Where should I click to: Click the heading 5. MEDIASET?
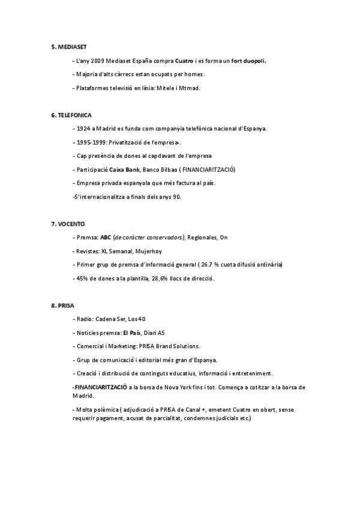(x=68, y=46)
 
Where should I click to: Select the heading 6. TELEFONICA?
(x=71, y=114)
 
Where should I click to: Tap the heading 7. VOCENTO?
(x=69, y=223)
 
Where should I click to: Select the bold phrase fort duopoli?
(x=248, y=61)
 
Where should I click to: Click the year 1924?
(x=85, y=128)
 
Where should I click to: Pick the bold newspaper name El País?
(x=131, y=333)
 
